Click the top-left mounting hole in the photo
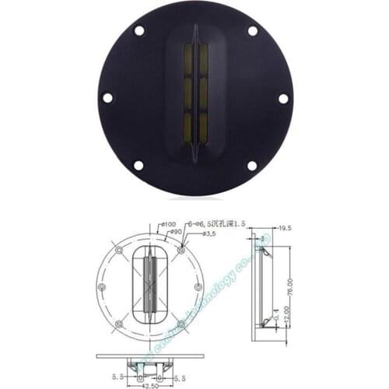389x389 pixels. (139, 31)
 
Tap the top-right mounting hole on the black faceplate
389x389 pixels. (252, 31)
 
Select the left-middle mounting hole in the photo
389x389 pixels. (107, 98)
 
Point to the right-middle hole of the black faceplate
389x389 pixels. (283, 98)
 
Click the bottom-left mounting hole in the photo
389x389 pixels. (138, 165)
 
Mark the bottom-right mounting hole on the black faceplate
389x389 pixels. (252, 165)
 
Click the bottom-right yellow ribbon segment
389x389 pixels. (203, 128)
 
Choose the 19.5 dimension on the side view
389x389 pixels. (285, 228)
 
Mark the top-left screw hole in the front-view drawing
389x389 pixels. (118, 251)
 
